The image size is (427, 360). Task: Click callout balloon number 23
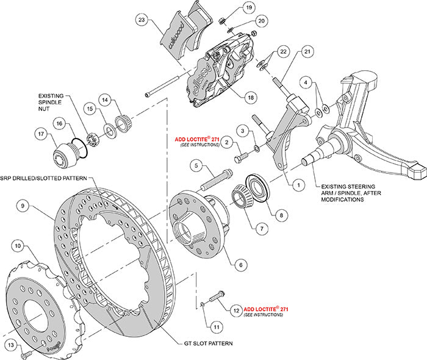tap(142, 20)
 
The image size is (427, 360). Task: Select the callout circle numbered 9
tap(22, 206)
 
